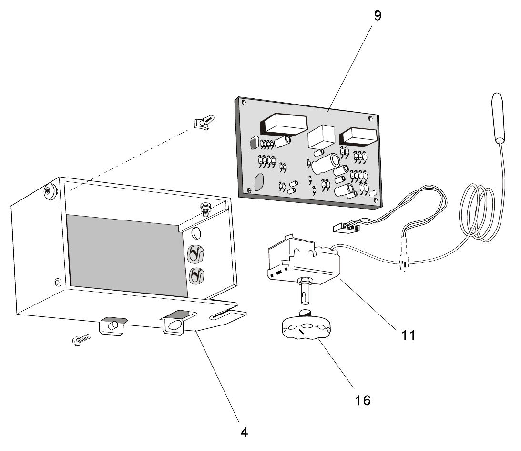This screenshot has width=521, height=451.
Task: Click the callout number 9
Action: (377, 16)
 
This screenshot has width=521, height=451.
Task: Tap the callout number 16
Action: (363, 400)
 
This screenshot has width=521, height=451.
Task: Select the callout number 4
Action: (244, 432)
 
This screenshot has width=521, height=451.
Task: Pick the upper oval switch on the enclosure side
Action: (195, 254)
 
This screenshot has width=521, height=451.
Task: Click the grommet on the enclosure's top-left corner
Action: (49, 191)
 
